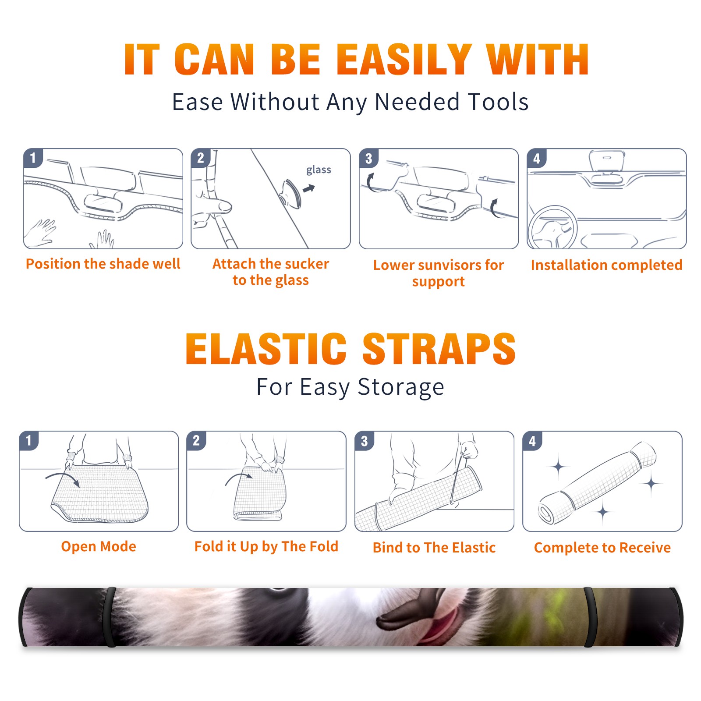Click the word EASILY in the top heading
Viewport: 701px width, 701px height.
coord(404,60)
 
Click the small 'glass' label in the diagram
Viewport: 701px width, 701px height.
coord(319,170)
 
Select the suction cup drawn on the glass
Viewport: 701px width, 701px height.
coord(291,194)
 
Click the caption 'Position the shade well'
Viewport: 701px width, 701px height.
coord(103,264)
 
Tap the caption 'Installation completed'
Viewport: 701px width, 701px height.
coord(606,265)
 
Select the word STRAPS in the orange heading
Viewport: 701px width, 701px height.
coord(439,349)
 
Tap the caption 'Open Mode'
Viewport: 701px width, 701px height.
coord(99,546)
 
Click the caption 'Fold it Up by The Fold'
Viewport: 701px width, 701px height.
coord(266,546)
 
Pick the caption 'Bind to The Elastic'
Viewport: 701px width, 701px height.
coord(434,548)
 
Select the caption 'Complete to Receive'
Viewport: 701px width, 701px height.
coord(602,548)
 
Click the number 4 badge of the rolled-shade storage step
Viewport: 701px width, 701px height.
coord(532,441)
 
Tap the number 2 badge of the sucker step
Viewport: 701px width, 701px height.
coord(201,158)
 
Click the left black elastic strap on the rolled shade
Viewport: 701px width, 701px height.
coord(111,617)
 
